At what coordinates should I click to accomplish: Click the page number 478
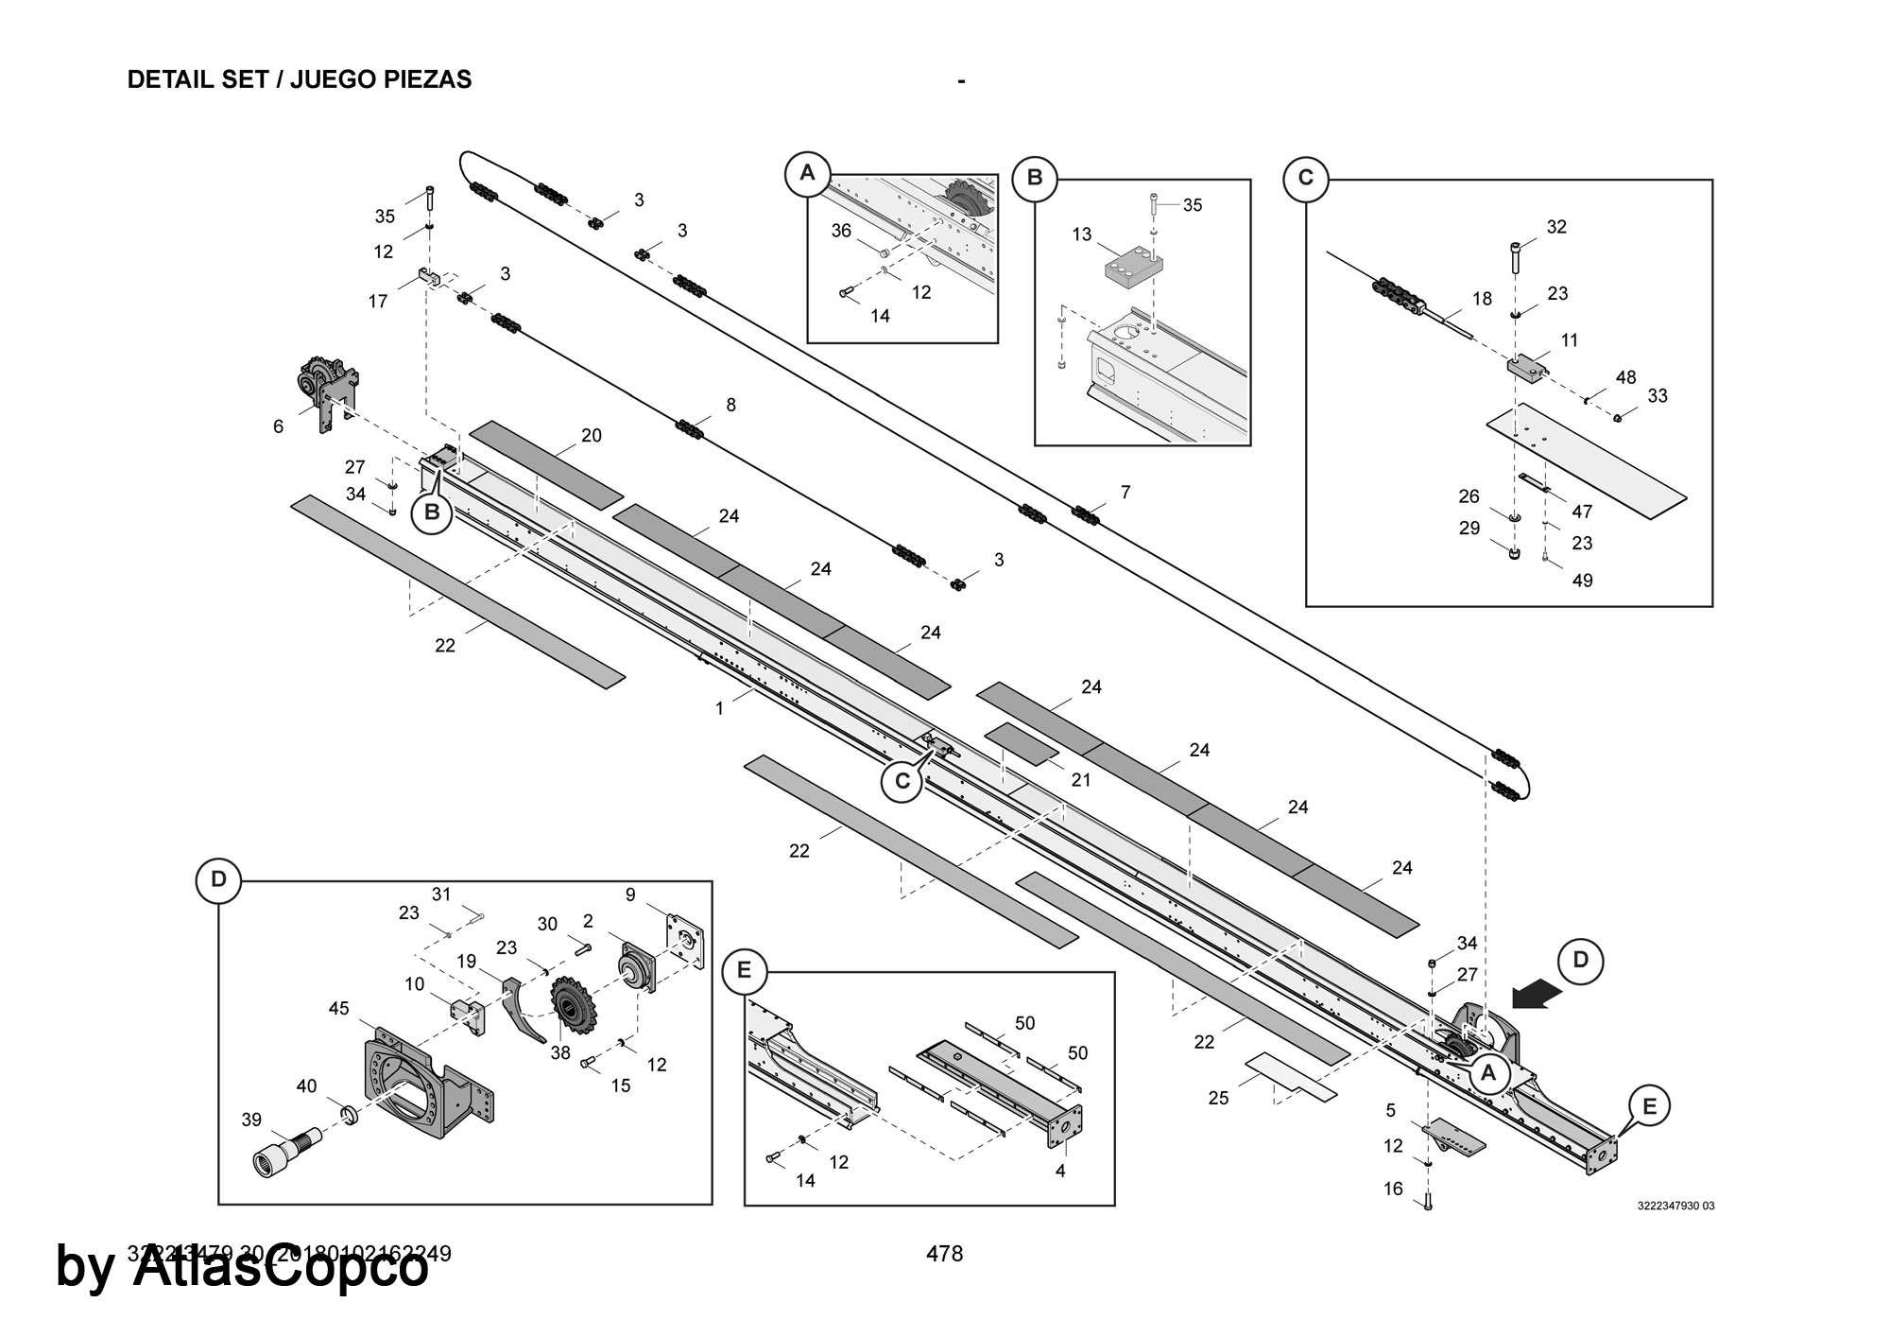[944, 1254]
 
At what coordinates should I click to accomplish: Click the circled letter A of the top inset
[807, 173]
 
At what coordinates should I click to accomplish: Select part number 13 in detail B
[1082, 234]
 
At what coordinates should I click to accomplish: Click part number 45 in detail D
[339, 1009]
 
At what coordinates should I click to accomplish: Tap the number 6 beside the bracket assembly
[278, 426]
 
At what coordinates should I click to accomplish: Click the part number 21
[1081, 780]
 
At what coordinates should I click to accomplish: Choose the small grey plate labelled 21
[1022, 743]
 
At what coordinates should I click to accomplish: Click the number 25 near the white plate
[1218, 1098]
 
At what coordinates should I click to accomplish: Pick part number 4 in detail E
[1060, 1171]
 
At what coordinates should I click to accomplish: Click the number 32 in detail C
[1556, 227]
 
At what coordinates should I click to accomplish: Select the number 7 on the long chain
[1125, 492]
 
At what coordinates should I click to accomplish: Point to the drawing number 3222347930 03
[1675, 1206]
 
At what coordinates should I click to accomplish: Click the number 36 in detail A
[841, 231]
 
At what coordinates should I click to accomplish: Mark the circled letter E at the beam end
[1649, 1105]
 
